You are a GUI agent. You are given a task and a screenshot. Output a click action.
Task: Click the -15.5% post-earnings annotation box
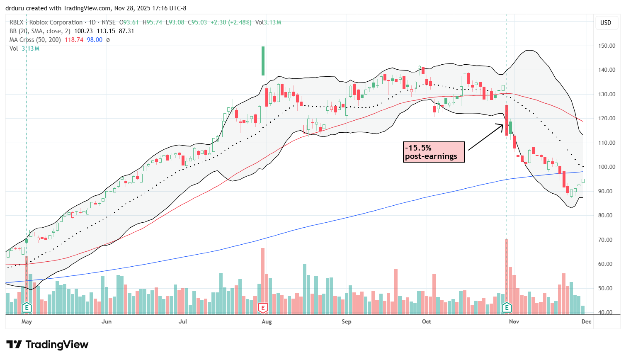coord(434,152)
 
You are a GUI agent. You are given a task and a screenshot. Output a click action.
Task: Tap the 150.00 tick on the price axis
coord(607,46)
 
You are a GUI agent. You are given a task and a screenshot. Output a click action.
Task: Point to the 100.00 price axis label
coord(607,167)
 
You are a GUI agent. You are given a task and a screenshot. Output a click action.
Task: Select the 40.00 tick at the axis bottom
coord(607,312)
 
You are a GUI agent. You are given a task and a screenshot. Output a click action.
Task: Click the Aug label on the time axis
coord(267,321)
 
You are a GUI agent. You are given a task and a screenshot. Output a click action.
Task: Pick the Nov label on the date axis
coord(514,321)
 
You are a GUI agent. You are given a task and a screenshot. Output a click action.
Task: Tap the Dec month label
coord(586,321)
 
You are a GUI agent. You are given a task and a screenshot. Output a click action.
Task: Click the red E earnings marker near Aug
coord(263,308)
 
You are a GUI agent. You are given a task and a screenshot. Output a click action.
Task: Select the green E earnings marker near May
coord(27,308)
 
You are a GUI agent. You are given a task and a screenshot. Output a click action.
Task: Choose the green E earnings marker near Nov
coord(507,308)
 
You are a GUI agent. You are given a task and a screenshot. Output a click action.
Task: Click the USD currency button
coord(606,23)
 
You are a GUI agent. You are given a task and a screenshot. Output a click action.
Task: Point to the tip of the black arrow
coord(504,124)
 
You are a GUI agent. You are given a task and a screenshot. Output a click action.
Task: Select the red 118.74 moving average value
coord(74,40)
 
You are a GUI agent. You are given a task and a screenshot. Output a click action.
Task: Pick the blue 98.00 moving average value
coord(95,40)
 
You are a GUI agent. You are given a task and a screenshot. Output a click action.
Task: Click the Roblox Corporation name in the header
coord(56,22)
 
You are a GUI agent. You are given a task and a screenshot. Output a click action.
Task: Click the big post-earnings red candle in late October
coord(507,120)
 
